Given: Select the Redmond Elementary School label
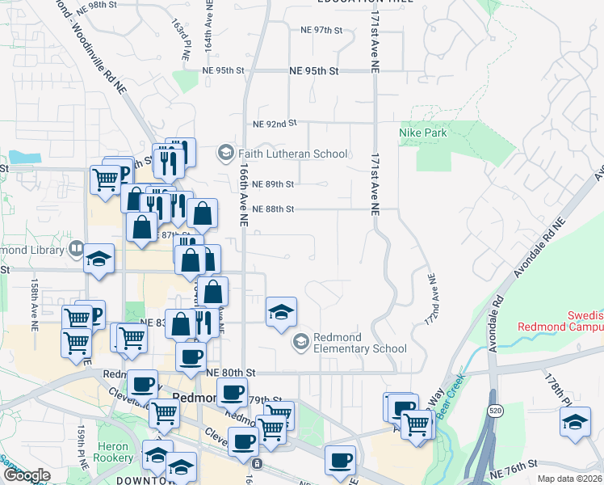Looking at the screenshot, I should click(x=359, y=343).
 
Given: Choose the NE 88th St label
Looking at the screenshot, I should click(x=272, y=209).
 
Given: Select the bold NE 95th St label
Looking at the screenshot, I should click(x=312, y=71).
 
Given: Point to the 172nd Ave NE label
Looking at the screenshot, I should click(x=432, y=300).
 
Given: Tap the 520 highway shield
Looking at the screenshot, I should click(x=494, y=411).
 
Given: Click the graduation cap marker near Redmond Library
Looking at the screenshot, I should click(x=99, y=259).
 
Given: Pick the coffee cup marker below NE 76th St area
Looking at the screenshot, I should click(x=340, y=460).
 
